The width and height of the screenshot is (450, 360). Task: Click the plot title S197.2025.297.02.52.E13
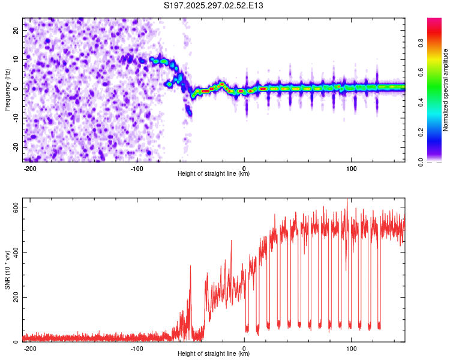(214, 5)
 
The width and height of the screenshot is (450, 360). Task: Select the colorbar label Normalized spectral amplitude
(446, 90)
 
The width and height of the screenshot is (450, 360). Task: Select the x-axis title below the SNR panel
(214, 354)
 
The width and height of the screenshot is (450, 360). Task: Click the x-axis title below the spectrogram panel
(214, 174)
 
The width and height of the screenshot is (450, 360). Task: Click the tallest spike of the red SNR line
(347, 200)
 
